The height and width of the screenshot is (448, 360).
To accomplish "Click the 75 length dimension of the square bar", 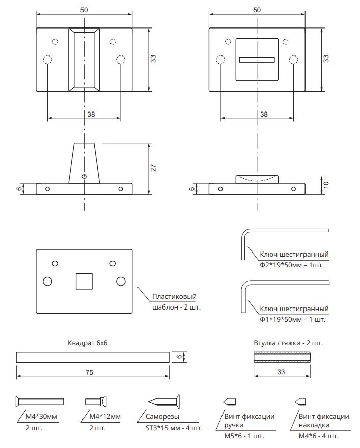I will pos(89,373).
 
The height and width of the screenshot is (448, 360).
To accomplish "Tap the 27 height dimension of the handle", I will pos(153,168).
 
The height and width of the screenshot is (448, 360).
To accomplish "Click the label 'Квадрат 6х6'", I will pos(88,343).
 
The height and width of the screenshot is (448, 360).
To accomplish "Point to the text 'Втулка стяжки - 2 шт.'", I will pos(288,343).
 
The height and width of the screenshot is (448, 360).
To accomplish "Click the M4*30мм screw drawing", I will pos(40,401).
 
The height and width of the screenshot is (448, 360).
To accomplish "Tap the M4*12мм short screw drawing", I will pos(95,401).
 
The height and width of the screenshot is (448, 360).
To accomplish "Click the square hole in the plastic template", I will pos(84,282).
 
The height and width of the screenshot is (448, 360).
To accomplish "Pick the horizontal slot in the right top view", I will pos(257,59).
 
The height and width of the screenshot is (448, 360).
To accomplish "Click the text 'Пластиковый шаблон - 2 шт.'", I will pos(174,301).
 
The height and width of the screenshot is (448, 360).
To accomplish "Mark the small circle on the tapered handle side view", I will pos(84,176).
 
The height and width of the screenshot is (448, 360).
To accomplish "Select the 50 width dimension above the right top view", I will pos(257,10).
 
